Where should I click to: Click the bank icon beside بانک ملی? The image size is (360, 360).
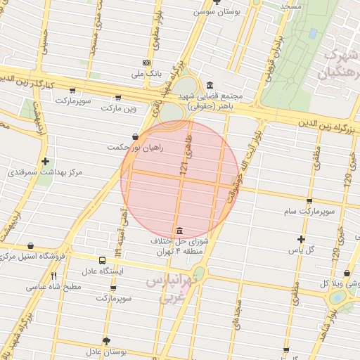146,63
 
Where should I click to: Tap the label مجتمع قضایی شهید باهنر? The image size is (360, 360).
210,101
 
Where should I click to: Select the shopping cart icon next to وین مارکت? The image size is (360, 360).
117,98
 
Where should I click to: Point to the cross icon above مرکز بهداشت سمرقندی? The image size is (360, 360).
46,161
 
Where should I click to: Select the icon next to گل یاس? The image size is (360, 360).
301,239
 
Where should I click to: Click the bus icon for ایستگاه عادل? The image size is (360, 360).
103,259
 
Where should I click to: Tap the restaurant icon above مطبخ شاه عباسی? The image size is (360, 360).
53,276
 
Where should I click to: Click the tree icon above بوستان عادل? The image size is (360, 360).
107,341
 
